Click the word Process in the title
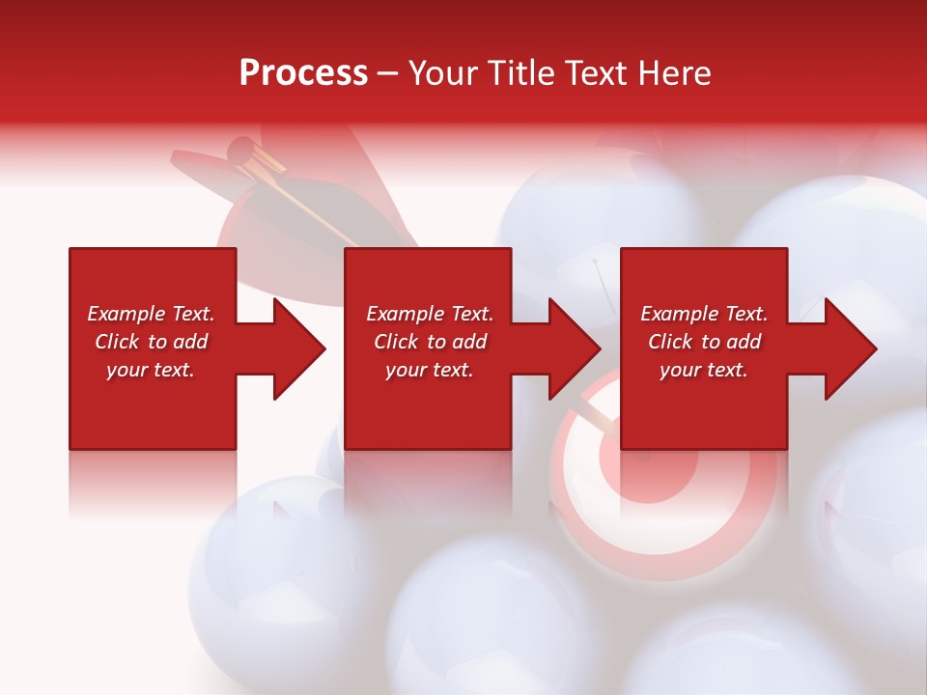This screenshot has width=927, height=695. [303, 73]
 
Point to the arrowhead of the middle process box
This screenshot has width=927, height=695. [574, 348]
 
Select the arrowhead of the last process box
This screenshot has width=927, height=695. [850, 348]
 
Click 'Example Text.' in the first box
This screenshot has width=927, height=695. [151, 314]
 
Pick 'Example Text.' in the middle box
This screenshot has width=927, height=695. [430, 314]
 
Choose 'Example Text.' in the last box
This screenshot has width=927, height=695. [704, 314]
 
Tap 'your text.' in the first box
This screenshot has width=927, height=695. [151, 370]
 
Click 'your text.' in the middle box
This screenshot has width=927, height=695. [430, 370]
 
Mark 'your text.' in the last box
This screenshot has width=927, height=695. [704, 370]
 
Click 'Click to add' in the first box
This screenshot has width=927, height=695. [151, 342]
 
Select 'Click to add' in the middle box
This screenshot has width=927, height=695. [430, 342]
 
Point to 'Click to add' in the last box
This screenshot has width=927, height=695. [704, 342]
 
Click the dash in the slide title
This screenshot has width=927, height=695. [387, 74]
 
